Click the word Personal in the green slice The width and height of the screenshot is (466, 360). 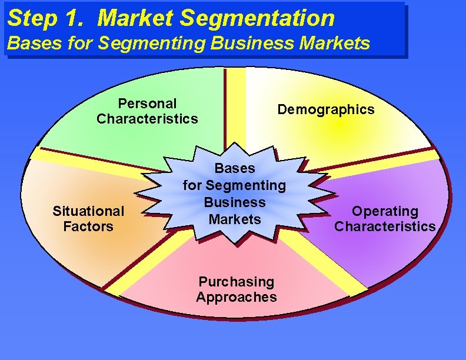pyautogui.click(x=147, y=104)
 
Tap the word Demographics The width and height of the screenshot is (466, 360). pyautogui.click(x=325, y=109)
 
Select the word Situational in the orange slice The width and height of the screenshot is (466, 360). pyautogui.click(x=88, y=211)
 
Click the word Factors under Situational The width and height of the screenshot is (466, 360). pyautogui.click(x=88, y=226)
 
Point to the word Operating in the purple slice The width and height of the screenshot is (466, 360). pyautogui.click(x=385, y=211)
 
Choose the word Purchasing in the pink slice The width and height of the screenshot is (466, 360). pyautogui.click(x=236, y=282)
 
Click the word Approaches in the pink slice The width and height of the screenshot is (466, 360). pyautogui.click(x=236, y=297)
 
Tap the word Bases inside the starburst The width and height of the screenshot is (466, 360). pyautogui.click(x=235, y=168)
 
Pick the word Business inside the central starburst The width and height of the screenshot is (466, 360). pyautogui.click(x=235, y=202)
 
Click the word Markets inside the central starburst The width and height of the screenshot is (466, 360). pyautogui.click(x=235, y=219)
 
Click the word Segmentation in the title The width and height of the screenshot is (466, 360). pyautogui.click(x=257, y=18)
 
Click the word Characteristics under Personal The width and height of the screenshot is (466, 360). pyautogui.click(x=147, y=119)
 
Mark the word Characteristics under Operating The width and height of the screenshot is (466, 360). pyautogui.click(x=385, y=226)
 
